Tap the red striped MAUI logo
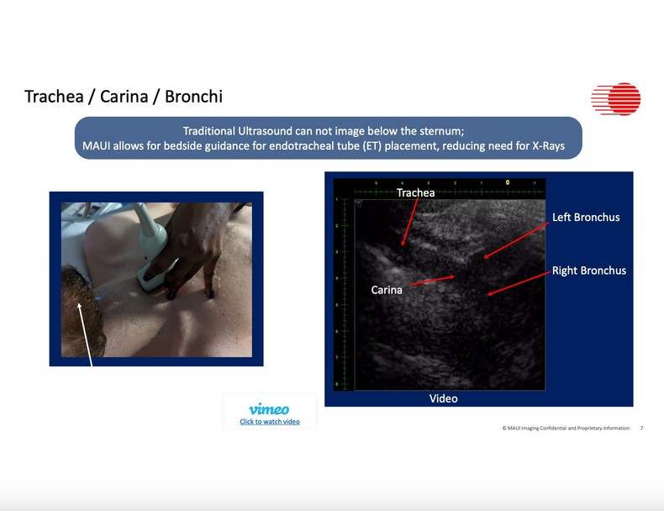click(x=615, y=99)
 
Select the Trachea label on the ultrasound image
click(x=416, y=193)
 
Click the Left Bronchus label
click(x=586, y=218)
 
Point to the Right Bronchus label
click(x=588, y=271)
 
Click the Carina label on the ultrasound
click(x=387, y=290)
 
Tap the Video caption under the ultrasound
click(x=444, y=398)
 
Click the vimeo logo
click(x=269, y=409)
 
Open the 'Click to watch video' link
click(x=269, y=422)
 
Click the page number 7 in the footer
click(x=641, y=429)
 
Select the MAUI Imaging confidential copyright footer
click(x=566, y=429)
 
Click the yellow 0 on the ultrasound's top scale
click(x=507, y=182)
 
